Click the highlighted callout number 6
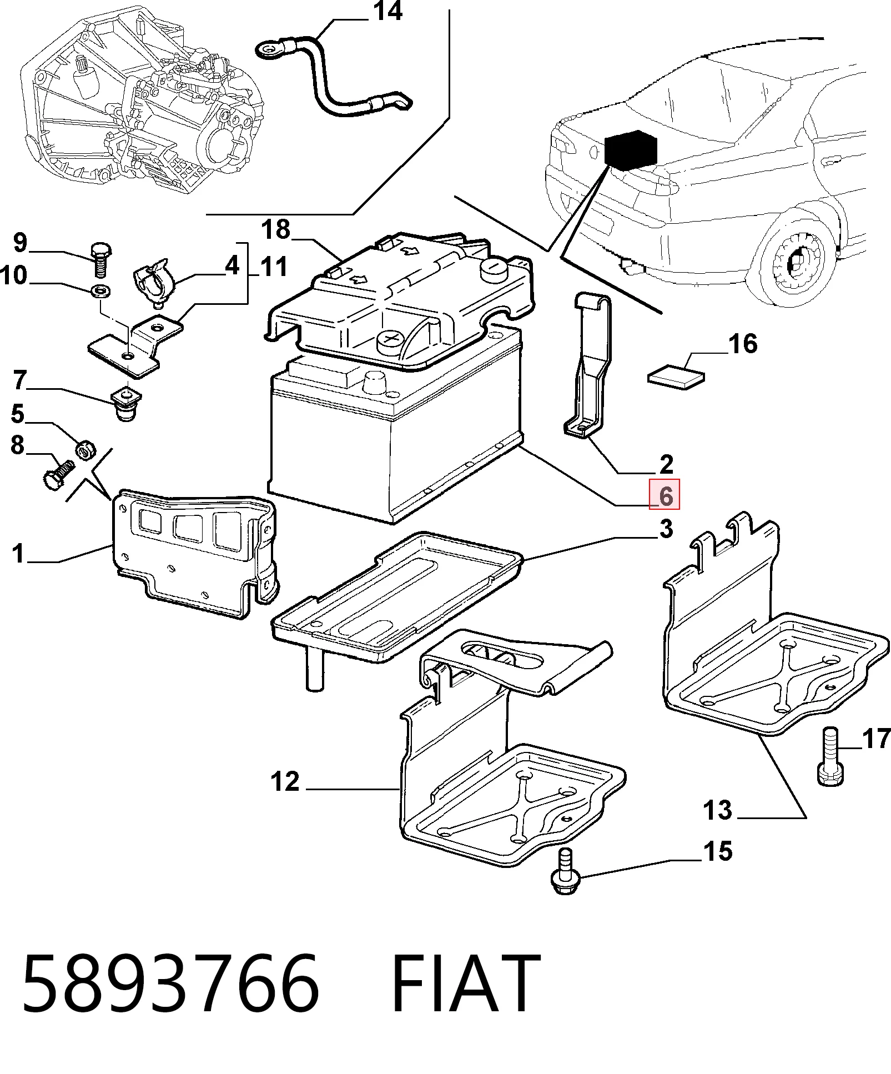tap(665, 494)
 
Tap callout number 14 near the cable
tap(388, 11)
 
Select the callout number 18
tap(275, 229)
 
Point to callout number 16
tap(743, 344)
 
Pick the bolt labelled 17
tap(830, 756)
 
